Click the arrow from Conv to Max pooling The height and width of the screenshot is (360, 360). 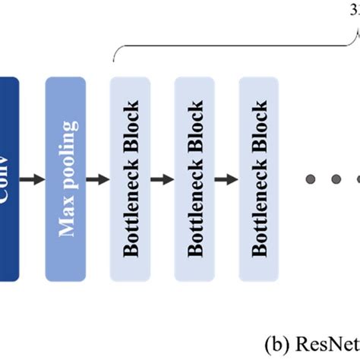32,179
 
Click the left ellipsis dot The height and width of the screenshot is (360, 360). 311,179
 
